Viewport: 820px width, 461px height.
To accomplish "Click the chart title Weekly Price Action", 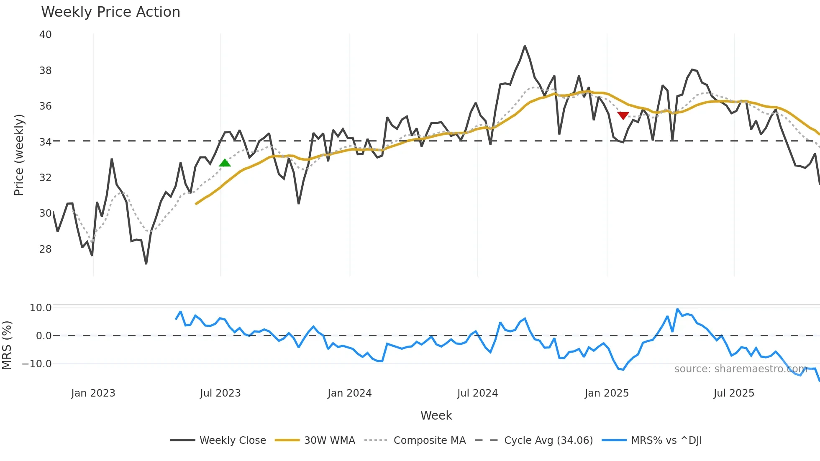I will click(x=110, y=12).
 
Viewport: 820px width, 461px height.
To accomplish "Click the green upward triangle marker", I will click(x=225, y=163).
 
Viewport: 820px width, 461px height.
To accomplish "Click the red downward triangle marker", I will click(x=623, y=115).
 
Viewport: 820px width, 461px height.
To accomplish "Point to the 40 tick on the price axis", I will click(x=45, y=35).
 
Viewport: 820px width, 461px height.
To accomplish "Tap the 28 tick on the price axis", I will click(x=45, y=249).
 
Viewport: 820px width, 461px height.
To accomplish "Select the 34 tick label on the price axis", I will click(x=45, y=142).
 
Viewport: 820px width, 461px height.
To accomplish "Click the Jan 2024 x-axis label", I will click(x=349, y=393).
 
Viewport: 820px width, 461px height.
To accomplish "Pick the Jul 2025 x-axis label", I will click(x=734, y=393).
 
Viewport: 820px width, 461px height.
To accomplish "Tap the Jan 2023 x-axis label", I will click(x=93, y=393).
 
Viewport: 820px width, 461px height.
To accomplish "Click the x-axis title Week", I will click(x=436, y=415).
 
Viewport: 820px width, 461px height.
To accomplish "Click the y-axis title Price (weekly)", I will click(x=19, y=155).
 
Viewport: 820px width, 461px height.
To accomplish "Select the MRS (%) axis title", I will click(x=7, y=345).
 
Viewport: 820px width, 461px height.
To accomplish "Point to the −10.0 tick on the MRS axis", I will click(x=37, y=364).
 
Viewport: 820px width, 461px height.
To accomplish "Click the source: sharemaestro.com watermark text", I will click(x=741, y=369).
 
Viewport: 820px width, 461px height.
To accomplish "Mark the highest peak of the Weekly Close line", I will click(x=525, y=46).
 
